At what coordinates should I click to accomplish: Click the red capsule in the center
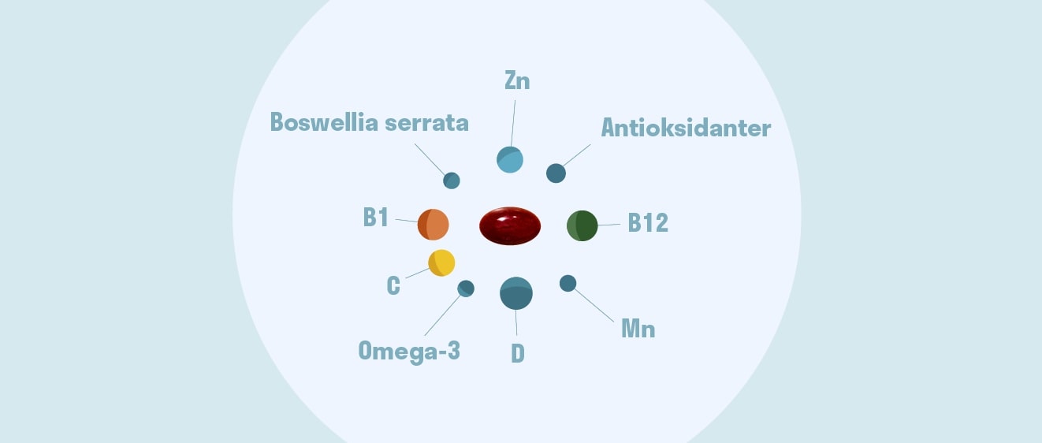tap(510, 226)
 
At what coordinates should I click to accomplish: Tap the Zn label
tap(516, 80)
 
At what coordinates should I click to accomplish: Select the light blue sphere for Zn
tap(510, 159)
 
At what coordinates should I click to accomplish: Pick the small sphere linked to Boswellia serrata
tap(452, 181)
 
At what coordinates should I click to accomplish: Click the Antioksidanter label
tap(686, 128)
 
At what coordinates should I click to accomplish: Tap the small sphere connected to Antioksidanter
tap(556, 173)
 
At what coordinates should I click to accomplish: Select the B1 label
tap(376, 218)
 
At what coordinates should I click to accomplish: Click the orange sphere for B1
tap(433, 225)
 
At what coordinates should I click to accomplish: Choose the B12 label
tap(648, 224)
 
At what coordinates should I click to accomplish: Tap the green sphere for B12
tap(582, 225)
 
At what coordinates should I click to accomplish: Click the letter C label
tap(393, 285)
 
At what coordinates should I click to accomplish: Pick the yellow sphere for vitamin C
tap(441, 262)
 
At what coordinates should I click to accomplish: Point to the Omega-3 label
tap(409, 351)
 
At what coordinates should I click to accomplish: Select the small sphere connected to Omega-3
tap(466, 289)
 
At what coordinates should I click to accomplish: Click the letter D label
tap(518, 353)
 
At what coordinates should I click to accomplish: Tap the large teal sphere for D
tap(516, 293)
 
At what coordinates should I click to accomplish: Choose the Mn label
tap(638, 329)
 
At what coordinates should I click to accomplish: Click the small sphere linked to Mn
tap(568, 283)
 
